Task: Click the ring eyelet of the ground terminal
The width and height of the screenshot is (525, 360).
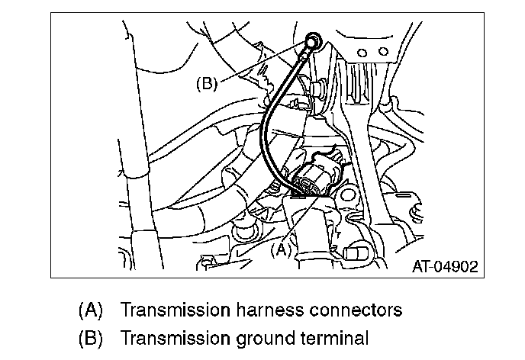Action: coord(311,40)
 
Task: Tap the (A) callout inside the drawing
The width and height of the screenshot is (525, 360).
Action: coord(282,248)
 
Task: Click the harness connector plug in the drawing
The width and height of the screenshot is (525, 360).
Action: coord(317,180)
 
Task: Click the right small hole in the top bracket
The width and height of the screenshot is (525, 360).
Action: coord(376,53)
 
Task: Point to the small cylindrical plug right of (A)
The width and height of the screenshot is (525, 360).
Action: coord(354,252)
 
